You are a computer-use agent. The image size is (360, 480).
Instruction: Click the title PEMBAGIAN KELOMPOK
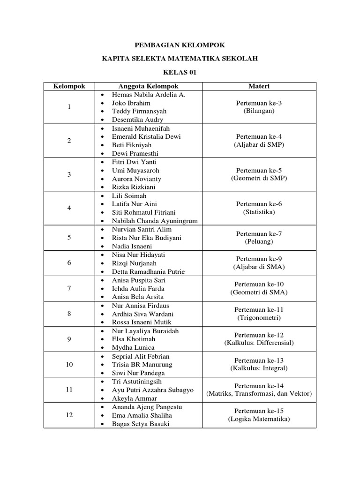coord(180,45)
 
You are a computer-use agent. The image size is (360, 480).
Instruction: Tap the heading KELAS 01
coord(180,72)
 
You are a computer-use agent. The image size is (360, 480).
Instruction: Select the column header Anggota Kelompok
coord(148,86)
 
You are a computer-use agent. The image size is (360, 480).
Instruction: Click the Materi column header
coord(259,86)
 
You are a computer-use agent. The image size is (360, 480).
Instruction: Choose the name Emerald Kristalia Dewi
coord(146,137)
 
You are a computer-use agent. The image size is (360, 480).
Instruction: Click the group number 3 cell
coord(69,174)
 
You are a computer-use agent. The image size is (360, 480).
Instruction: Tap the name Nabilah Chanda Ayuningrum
coord(155,221)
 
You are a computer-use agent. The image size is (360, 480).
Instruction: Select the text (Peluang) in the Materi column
coord(259,242)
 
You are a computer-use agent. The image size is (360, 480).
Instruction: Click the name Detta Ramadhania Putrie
coord(148,272)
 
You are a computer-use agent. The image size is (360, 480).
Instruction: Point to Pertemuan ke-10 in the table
coord(259,284)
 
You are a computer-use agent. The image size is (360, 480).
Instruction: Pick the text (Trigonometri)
coord(259,318)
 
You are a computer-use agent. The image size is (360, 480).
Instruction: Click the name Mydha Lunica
coord(133,348)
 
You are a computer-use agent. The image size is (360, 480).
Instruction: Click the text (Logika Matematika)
coord(259,419)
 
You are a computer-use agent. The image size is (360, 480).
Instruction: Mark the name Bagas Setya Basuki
coord(141,424)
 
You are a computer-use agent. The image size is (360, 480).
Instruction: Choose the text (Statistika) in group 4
coord(259,212)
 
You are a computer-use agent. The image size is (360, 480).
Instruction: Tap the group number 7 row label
coord(69,288)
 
